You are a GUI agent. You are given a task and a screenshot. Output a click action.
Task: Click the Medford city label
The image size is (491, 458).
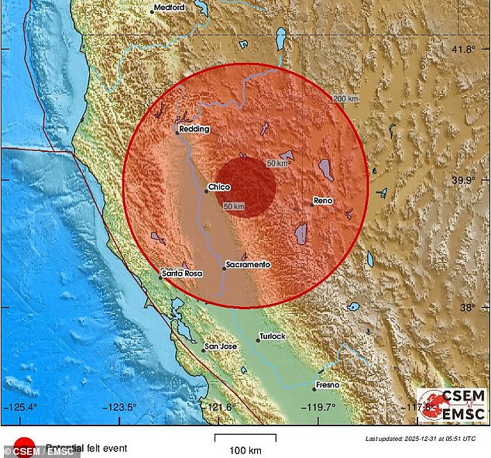click(x=170, y=7)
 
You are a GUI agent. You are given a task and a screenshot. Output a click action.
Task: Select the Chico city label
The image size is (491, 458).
click(x=220, y=187)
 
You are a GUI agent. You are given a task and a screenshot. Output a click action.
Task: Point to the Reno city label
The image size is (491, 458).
click(x=323, y=201)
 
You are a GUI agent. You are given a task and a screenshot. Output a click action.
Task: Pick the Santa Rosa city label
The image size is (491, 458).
click(x=184, y=274)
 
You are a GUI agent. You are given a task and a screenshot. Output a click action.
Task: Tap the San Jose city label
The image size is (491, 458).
click(x=219, y=346)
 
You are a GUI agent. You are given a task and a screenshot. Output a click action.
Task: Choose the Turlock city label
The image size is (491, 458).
click(x=273, y=336)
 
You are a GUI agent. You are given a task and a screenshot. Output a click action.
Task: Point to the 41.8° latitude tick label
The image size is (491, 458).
click(x=464, y=50)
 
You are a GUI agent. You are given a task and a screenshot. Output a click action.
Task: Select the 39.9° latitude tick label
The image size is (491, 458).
click(x=464, y=180)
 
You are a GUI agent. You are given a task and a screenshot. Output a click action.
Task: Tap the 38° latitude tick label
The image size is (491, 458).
click(x=469, y=308)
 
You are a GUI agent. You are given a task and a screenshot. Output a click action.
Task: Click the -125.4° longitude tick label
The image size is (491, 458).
click(x=21, y=406)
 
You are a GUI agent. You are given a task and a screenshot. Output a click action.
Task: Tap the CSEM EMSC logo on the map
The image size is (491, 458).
click(x=452, y=406)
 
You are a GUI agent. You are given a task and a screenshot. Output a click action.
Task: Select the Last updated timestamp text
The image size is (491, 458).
click(x=422, y=439)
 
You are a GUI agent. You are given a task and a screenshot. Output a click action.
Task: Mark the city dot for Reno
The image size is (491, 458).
click(x=311, y=204)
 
